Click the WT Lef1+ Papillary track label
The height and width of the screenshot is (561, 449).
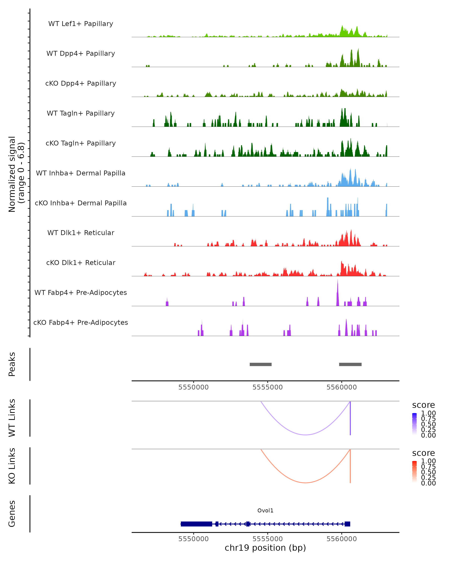(81, 24)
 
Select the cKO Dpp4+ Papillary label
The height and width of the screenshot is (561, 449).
(81, 83)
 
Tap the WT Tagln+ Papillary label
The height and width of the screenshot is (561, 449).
(81, 113)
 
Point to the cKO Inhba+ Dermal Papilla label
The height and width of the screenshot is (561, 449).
(81, 203)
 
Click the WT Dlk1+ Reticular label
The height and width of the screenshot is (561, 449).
(81, 233)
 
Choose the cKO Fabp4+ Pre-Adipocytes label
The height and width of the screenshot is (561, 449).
(81, 322)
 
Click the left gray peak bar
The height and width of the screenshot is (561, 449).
(261, 364)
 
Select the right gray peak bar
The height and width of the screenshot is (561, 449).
(350, 364)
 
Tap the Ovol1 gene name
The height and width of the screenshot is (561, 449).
(265, 511)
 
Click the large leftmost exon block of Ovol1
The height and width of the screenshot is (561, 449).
(196, 524)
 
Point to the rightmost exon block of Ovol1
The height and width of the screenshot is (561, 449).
(347, 524)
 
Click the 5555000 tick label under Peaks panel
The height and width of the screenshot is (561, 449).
(267, 387)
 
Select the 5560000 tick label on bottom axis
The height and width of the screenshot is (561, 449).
(341, 539)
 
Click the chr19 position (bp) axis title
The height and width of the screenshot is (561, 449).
(265, 548)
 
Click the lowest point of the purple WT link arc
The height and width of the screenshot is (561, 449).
(306, 435)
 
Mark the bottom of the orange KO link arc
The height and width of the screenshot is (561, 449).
(306, 483)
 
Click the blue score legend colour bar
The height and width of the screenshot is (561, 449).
(414, 424)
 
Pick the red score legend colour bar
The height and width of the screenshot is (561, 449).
(414, 472)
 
